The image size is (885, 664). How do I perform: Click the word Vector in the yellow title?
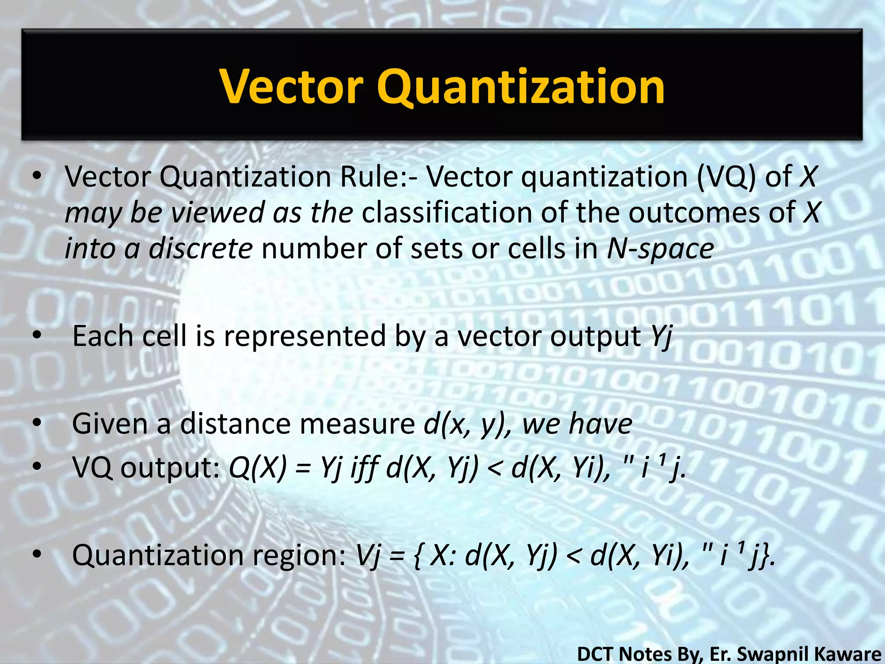(x=291, y=87)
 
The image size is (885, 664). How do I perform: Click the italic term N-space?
(x=660, y=249)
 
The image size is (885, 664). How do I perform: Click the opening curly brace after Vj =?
(x=417, y=556)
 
